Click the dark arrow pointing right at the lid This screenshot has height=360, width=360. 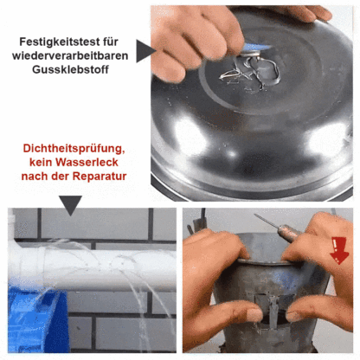tap(145, 51)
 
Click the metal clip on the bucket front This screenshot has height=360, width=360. tap(273, 308)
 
